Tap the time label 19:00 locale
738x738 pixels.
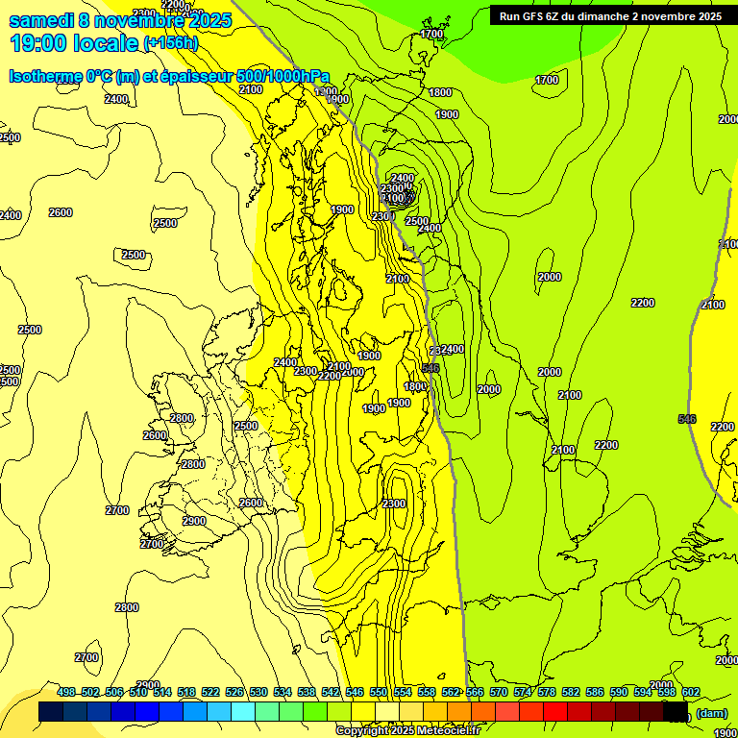click(x=75, y=43)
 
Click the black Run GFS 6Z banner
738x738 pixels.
click(x=610, y=15)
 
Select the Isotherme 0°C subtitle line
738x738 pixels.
click(x=169, y=76)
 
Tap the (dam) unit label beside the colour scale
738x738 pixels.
click(x=711, y=712)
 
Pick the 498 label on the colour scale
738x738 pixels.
click(x=66, y=692)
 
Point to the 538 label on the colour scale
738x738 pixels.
click(x=307, y=692)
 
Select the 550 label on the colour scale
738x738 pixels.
click(x=379, y=692)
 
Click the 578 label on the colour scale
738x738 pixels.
click(x=547, y=692)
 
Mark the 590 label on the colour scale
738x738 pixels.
click(x=619, y=692)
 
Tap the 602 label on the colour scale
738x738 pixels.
click(x=691, y=692)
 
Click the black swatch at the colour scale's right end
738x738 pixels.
click(x=676, y=711)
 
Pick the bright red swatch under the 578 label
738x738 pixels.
click(x=556, y=711)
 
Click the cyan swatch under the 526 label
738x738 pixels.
click(x=244, y=711)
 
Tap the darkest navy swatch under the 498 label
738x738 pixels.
click(x=52, y=711)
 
